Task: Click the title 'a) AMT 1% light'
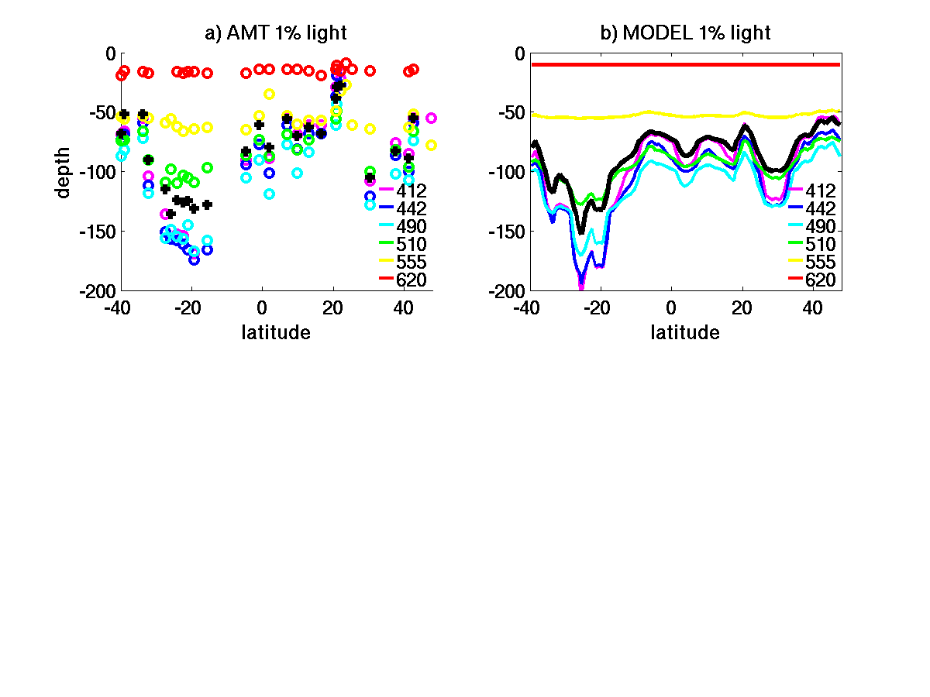pyautogui.click(x=275, y=33)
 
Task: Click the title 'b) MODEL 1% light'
pyautogui.click(x=685, y=33)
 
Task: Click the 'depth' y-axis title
pyautogui.click(x=64, y=172)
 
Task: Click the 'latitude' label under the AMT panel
pyautogui.click(x=276, y=333)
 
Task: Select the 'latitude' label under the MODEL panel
pyautogui.click(x=685, y=333)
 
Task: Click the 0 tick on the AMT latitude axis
pyautogui.click(x=262, y=307)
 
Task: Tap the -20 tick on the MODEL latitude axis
pyautogui.click(x=601, y=307)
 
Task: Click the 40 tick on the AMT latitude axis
pyautogui.click(x=404, y=307)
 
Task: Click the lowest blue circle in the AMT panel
pyautogui.click(x=194, y=259)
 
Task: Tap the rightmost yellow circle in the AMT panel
pyautogui.click(x=431, y=145)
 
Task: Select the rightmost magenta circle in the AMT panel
pyautogui.click(x=431, y=118)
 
